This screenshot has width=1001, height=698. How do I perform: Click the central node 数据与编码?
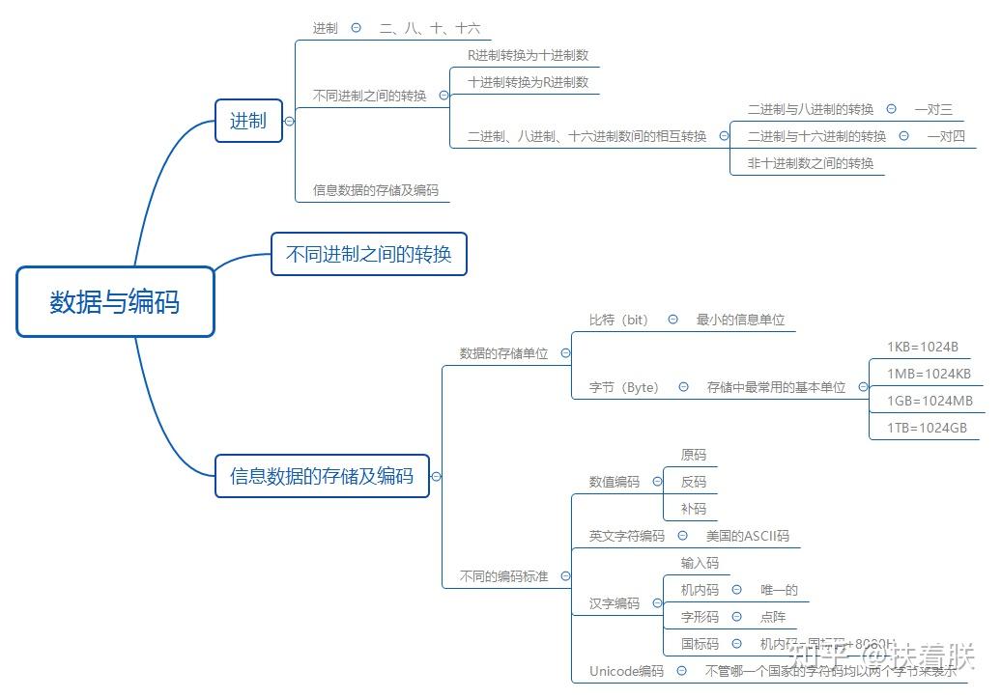pos(115,302)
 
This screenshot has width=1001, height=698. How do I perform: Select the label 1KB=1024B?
pos(922,348)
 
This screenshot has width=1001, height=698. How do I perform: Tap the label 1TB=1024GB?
pos(927,428)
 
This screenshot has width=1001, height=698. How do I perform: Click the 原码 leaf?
pos(693,455)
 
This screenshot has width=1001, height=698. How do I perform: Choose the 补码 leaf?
pos(693,509)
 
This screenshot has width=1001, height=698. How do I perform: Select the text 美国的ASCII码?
pos(747,536)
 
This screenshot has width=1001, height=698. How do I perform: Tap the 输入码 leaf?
pos(700,563)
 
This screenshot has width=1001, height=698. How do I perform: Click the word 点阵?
pos(773,617)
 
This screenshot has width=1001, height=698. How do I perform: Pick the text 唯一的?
pos(779,590)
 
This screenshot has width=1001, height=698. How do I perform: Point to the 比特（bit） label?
pos(619,320)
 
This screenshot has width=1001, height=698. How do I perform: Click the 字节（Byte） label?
pos(624,387)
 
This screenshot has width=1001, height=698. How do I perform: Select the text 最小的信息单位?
pos(740,320)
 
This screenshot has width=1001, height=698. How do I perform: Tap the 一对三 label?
pos(933,109)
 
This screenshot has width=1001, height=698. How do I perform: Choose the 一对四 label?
pos(946,136)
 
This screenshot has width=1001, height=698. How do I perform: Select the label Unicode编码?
pos(626,671)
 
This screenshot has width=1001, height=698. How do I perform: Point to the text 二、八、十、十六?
pos(429,28)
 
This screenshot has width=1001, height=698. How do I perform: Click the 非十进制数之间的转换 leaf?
pos(810,163)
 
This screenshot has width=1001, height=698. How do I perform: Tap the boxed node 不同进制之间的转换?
pos(369,254)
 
